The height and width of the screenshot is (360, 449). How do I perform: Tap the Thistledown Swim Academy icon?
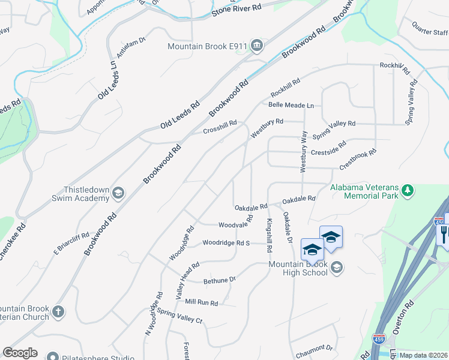(x=118, y=192)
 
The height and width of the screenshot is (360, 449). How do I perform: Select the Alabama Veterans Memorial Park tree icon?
(x=408, y=190)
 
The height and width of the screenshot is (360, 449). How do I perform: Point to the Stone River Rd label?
(x=237, y=10)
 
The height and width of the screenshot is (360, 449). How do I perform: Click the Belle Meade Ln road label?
(x=291, y=105)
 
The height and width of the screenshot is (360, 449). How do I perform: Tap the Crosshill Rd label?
(x=220, y=127)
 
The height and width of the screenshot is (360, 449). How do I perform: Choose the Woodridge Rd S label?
(x=226, y=243)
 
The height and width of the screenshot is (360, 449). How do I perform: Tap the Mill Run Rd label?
(x=201, y=302)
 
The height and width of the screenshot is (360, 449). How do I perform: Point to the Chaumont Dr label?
(x=314, y=348)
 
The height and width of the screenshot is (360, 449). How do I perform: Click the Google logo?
(x=20, y=353)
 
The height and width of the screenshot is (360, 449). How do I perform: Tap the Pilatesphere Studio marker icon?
(x=52, y=358)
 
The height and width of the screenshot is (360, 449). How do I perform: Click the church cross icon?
(x=58, y=311)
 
